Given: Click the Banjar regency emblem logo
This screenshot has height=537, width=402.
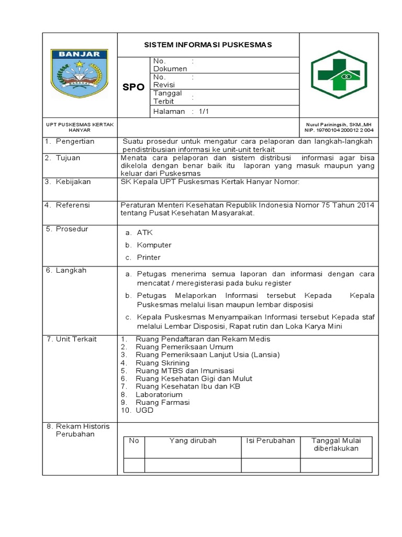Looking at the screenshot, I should click(79, 73).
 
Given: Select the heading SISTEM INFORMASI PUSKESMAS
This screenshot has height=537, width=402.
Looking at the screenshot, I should click(208, 45).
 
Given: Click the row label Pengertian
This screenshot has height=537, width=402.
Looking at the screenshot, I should click(75, 142).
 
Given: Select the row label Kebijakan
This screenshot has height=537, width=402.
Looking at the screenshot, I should click(73, 181).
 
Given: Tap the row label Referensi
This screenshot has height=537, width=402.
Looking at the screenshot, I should click(73, 205).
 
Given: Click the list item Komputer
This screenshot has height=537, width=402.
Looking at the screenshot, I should click(154, 245).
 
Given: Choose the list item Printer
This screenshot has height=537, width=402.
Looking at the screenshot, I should click(149, 257).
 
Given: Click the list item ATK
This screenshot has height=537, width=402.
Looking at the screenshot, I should click(145, 232).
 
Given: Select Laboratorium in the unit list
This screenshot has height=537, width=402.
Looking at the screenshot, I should click(159, 394).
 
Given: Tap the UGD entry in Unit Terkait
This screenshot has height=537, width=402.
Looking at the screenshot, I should click(144, 410).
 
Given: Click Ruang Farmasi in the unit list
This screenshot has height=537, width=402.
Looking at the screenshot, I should click(162, 402).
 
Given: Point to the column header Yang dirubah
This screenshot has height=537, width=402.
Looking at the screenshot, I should click(193, 441).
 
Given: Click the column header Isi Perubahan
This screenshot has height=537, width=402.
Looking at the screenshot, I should click(271, 441).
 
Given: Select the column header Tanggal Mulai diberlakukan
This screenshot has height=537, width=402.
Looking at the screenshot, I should click(335, 444).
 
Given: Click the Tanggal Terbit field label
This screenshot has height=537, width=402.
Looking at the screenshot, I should click(167, 97).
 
